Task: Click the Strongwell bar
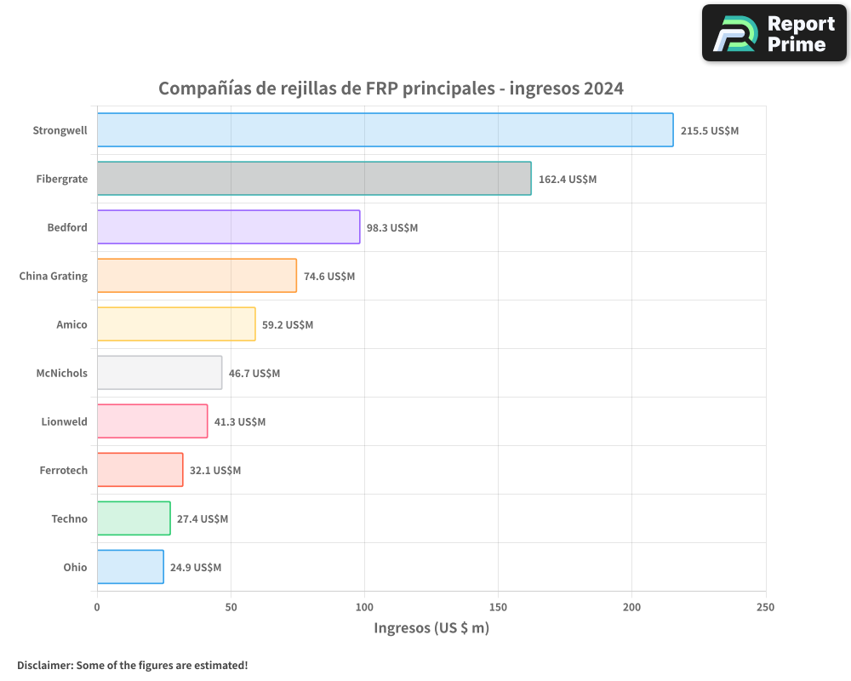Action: [385, 130]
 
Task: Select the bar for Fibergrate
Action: [313, 179]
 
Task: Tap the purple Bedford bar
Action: [228, 227]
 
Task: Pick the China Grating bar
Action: [197, 276]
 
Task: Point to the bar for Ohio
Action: [130, 567]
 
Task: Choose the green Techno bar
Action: [134, 518]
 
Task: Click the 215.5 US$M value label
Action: [710, 131]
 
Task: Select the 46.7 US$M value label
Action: [254, 374]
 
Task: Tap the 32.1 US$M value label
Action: [215, 471]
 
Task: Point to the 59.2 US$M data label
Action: [288, 325]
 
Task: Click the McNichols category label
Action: [61, 373]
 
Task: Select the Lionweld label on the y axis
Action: [64, 421]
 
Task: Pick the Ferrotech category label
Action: [63, 470]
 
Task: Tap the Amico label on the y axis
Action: [71, 324]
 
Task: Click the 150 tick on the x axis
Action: [498, 607]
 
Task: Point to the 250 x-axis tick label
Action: [765, 607]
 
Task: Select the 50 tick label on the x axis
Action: [231, 607]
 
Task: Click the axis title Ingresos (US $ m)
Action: [431, 629]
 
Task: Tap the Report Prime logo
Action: [774, 33]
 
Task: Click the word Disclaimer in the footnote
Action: [44, 665]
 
